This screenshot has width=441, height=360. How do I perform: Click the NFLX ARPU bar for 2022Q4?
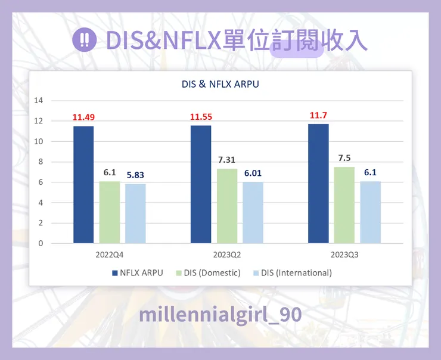(x=83, y=185)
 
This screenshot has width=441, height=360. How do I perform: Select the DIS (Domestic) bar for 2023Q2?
(x=226, y=206)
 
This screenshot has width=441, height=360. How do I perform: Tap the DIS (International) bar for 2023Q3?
(x=370, y=212)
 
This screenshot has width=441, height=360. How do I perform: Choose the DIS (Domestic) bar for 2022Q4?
(x=110, y=212)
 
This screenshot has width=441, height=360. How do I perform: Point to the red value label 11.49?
(x=83, y=117)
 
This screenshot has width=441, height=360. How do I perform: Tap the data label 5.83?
(x=135, y=175)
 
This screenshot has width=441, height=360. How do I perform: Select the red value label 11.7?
(x=318, y=115)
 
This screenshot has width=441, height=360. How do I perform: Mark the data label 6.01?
(x=253, y=173)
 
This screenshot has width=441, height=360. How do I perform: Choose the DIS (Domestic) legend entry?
(x=208, y=273)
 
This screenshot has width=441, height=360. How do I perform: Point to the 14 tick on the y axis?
(x=39, y=101)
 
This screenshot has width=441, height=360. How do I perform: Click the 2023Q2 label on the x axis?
(x=226, y=255)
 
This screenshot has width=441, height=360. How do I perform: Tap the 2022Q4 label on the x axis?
(x=110, y=255)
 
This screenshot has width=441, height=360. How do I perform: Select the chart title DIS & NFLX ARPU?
(x=220, y=85)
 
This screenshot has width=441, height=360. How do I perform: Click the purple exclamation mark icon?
(x=84, y=40)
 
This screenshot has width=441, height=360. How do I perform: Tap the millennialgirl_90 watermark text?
(x=220, y=315)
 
